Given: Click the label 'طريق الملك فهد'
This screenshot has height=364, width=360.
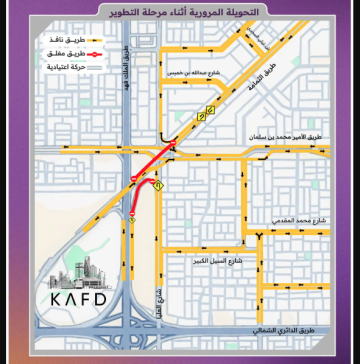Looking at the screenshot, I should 126,70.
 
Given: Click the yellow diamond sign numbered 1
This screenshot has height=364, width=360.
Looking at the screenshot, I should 158,186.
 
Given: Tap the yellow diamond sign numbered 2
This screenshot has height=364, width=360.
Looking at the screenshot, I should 202,116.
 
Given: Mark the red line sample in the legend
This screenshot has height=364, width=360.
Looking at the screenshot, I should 87,50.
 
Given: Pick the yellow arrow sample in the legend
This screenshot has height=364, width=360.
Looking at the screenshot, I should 87,34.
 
